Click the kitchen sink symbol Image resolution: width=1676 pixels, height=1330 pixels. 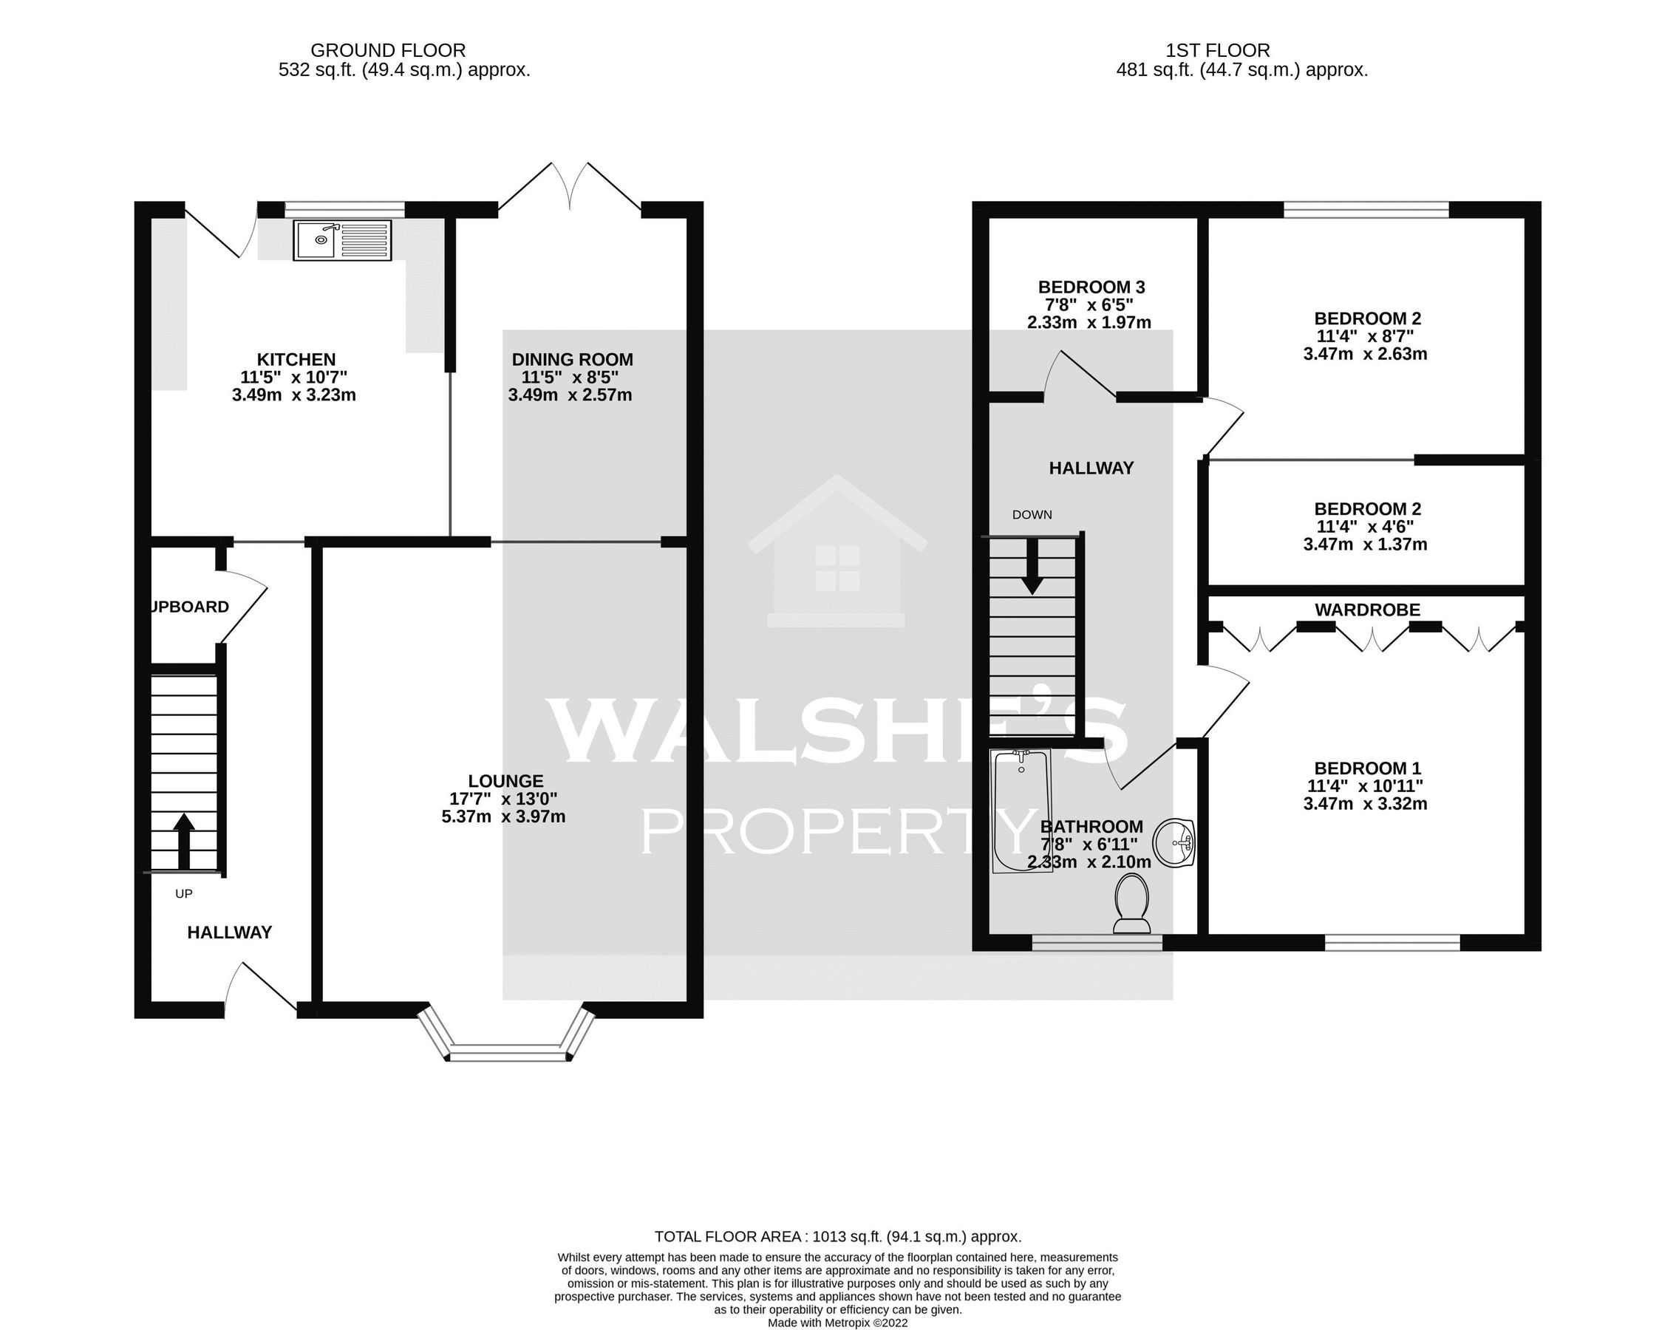point(342,239)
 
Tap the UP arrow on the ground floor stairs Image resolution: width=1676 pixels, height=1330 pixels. point(183,842)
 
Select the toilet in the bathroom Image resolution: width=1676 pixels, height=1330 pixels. point(1132,902)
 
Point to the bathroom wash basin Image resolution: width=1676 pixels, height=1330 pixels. point(1173,842)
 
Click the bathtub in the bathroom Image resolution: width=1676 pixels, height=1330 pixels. point(1021,811)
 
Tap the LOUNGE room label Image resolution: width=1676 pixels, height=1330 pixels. point(505,781)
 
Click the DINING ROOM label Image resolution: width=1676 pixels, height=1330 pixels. point(572,359)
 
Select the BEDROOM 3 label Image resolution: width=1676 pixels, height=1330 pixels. point(1091,287)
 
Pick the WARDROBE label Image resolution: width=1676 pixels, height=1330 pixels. point(1367,610)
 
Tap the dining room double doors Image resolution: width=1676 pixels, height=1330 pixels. point(570,186)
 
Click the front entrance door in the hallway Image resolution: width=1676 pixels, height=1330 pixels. point(259,989)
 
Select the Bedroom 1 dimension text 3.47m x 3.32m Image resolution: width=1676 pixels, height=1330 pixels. point(1365,804)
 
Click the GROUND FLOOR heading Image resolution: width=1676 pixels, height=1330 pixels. point(388,50)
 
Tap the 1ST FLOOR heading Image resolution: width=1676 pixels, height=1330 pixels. point(1217,50)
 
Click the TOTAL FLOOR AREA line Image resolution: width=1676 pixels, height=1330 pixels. point(837,1236)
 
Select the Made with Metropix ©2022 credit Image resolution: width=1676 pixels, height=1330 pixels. point(837,1322)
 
